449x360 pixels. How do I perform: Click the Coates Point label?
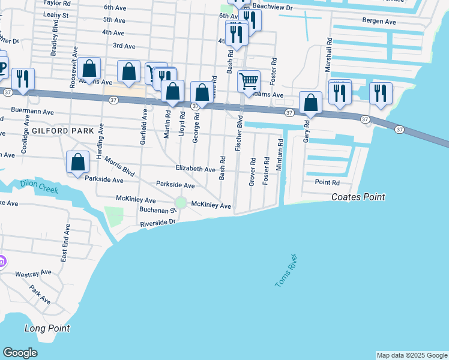[358, 197]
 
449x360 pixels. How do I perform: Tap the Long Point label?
[47, 328]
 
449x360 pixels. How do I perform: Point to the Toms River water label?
[286, 270]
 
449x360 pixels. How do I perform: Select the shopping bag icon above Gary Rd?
[310, 103]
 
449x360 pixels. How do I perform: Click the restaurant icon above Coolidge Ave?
[23, 79]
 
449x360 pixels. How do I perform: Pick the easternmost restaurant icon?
[381, 93]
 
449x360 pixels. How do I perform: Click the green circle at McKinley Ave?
[181, 203]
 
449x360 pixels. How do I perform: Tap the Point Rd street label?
[327, 182]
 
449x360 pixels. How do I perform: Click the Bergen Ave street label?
[379, 21]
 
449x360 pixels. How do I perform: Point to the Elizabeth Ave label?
[195, 170]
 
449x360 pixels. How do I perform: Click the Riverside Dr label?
[157, 223]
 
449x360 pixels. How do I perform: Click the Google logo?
[20, 353]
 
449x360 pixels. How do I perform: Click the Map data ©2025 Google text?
[411, 355]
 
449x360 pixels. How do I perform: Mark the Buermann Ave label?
[33, 112]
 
